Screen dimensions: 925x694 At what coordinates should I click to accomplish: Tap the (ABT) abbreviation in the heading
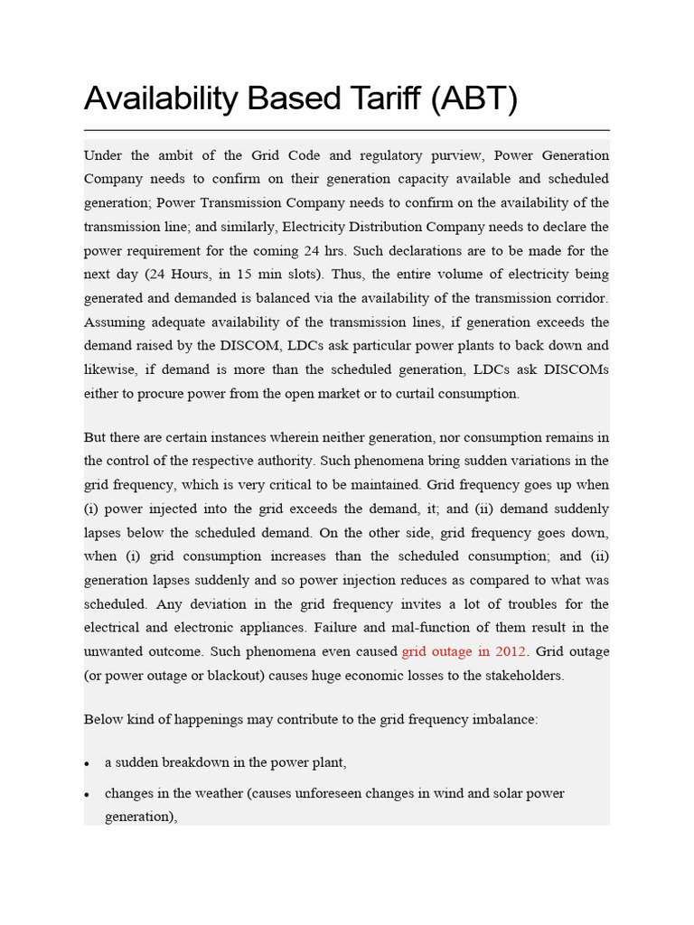tap(474, 98)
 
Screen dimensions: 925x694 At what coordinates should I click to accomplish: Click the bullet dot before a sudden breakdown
tap(88, 764)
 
